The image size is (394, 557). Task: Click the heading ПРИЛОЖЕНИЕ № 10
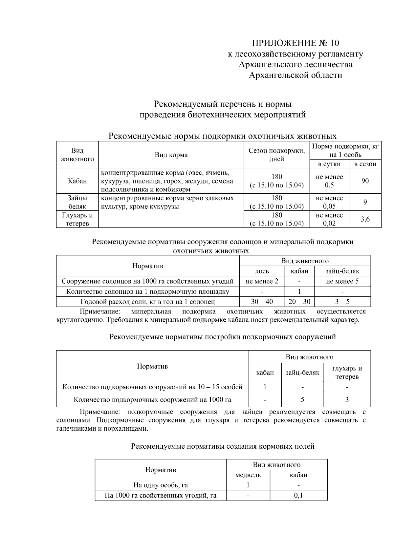coord(295,43)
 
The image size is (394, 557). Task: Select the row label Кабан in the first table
coord(77,181)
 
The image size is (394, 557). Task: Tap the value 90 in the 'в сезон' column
coord(365,181)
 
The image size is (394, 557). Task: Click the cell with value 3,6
coord(365,219)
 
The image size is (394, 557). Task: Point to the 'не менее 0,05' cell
coord(329,202)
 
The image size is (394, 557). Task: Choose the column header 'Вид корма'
coord(171,155)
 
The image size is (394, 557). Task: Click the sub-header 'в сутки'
coord(329,164)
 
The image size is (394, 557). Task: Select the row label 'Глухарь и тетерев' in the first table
coord(77,219)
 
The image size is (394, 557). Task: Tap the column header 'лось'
coord(262,271)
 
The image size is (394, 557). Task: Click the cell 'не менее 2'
coord(262,281)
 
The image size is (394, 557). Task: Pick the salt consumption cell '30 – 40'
coord(262,302)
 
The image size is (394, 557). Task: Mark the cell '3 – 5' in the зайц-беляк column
coord(342,302)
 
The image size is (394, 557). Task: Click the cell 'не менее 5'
coord(342,281)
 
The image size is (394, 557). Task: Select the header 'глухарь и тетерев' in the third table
coord(347,373)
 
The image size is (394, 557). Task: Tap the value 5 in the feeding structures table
coord(302,399)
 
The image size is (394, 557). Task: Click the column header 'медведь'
coord(248,475)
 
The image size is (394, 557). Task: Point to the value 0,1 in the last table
coord(298,495)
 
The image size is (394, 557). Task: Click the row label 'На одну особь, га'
coord(161,485)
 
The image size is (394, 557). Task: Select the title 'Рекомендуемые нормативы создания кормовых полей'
coord(223,446)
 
